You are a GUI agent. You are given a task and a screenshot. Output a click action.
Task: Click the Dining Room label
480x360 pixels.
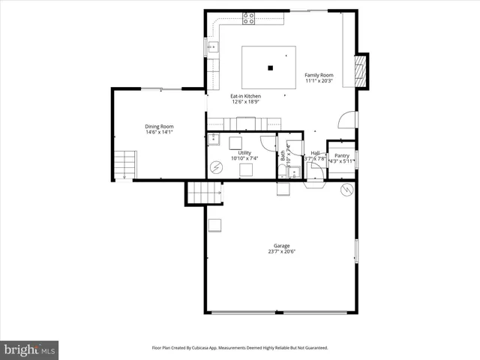[159, 127]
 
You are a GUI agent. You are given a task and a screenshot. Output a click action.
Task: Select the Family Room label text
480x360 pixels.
[319, 76]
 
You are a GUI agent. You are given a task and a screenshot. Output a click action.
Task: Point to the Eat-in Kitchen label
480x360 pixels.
[245, 97]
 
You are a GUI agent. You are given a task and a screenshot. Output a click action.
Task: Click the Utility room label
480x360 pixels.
[244, 153]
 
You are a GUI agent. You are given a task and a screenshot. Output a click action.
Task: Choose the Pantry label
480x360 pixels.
[341, 155]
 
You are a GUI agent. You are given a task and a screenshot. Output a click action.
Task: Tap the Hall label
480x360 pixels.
[316, 153]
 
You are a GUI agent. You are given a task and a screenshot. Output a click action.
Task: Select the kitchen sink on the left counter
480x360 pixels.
[213, 48]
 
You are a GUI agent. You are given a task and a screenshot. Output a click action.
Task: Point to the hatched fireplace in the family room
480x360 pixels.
[360, 71]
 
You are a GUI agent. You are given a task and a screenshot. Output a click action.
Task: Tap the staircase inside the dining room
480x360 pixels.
[124, 163]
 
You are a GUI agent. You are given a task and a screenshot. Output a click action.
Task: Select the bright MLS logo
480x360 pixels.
[29, 349]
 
